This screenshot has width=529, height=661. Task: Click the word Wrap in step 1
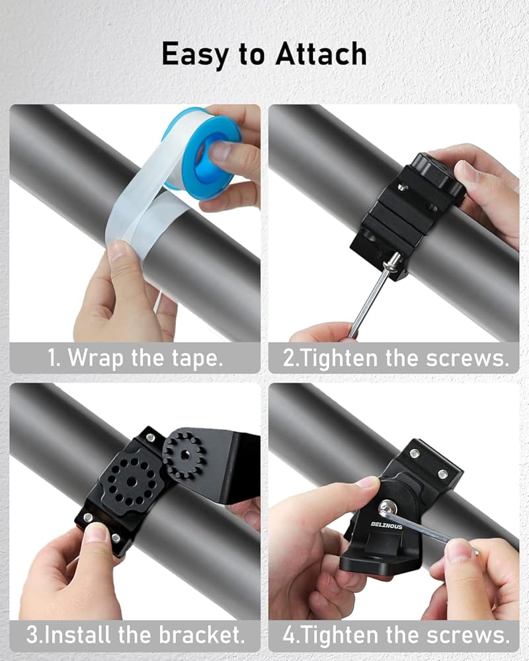(x=96, y=358)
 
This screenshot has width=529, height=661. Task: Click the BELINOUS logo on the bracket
(x=386, y=525)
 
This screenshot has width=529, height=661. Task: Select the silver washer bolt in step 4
(x=387, y=508)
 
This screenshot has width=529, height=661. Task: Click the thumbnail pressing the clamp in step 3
(x=95, y=532)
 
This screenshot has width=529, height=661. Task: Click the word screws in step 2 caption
(x=468, y=359)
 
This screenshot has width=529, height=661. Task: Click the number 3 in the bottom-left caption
(x=32, y=635)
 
